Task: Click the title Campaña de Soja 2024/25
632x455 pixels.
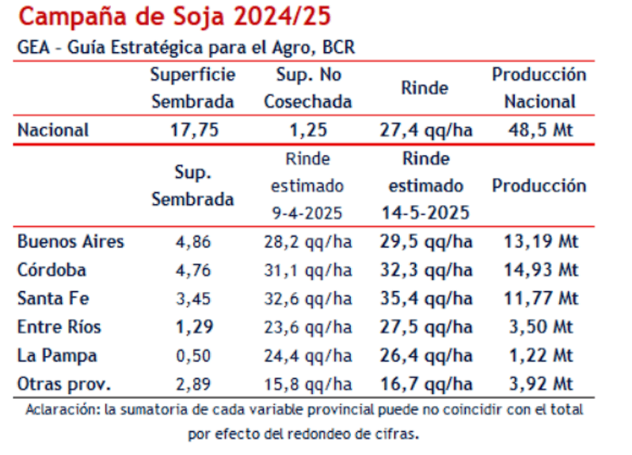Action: coord(175,16)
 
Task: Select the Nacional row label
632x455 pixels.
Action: coord(53,130)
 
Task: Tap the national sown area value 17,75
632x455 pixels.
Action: coord(194,130)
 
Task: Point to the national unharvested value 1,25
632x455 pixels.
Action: coord(308,130)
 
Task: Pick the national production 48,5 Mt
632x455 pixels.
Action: coord(540,130)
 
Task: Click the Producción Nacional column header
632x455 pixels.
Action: coord(539,88)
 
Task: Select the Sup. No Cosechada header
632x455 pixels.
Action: coord(308,88)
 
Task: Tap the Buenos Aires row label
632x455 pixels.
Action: coord(70,241)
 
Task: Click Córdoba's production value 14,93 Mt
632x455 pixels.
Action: coord(541,270)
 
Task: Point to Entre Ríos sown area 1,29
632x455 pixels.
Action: coord(193,327)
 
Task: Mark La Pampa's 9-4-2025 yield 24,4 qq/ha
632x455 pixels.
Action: coord(308,355)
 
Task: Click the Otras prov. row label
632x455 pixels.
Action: coord(64,385)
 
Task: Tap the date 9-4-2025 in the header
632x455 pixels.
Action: coord(308,213)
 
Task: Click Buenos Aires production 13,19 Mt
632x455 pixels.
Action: coord(541,241)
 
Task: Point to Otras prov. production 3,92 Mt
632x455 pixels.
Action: coord(541,385)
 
